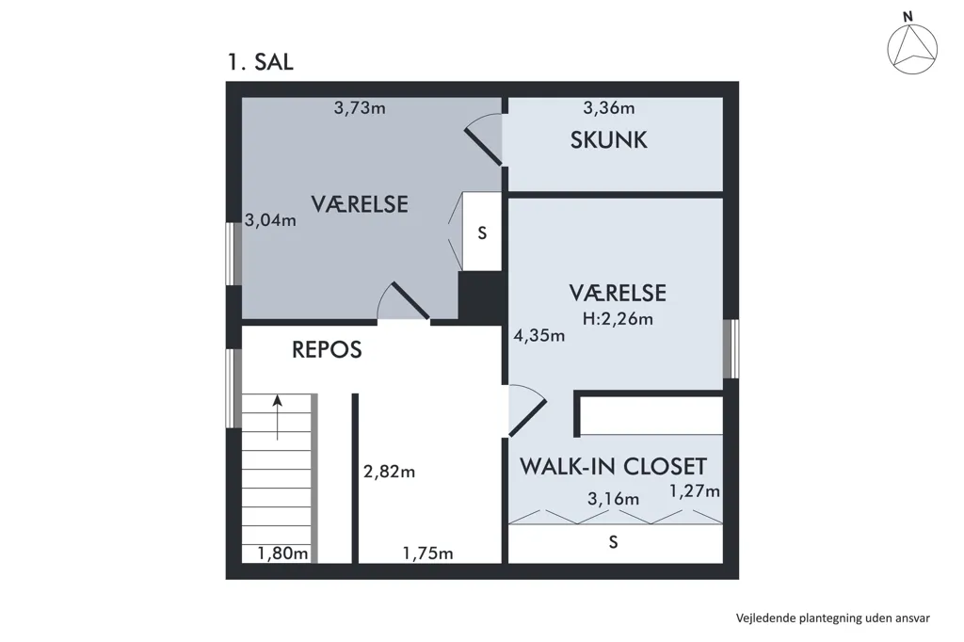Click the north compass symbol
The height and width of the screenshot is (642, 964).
[x=912, y=47]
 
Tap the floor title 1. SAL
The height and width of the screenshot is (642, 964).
[x=260, y=62]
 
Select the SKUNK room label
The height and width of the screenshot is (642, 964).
[x=609, y=140]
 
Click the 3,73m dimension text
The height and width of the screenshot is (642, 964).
[x=360, y=108]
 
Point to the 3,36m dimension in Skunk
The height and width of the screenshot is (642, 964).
[x=609, y=108]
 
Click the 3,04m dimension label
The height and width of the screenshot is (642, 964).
[x=270, y=220]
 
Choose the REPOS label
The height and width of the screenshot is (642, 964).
[x=327, y=350]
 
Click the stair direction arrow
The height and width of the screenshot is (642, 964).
[x=278, y=417]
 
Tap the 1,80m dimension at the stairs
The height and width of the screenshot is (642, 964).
[x=282, y=554]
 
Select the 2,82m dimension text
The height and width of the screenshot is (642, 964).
[x=389, y=472]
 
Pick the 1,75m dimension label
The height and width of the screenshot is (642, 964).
[x=428, y=554]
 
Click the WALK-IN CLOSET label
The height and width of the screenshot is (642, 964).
[x=614, y=467]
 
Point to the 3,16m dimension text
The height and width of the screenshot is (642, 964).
[x=613, y=499]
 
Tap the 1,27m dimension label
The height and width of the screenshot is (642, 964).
[x=694, y=491]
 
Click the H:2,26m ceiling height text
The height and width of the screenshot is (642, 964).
[x=618, y=319]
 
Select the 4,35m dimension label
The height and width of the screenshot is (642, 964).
[x=539, y=336]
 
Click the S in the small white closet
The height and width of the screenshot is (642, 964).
[x=483, y=233]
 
